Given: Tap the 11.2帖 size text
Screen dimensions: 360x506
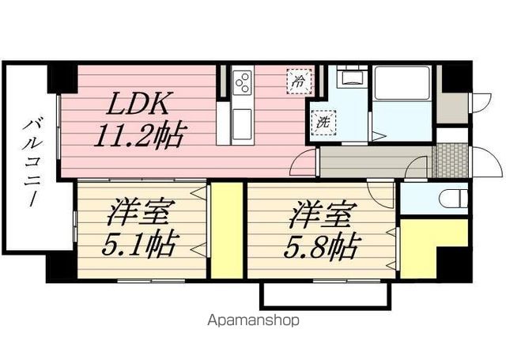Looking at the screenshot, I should (140, 137).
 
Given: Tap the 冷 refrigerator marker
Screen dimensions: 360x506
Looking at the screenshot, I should (299, 80).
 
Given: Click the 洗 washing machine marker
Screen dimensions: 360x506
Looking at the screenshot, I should (323, 123).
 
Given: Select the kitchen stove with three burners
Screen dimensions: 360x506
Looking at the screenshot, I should (243, 81).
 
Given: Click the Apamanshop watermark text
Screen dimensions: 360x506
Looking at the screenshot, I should (253, 321).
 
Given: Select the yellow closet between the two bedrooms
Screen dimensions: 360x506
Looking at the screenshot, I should (226, 229).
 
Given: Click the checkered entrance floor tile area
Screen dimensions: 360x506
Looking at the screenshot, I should (451, 161).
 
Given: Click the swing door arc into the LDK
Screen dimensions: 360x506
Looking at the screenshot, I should (304, 165).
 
